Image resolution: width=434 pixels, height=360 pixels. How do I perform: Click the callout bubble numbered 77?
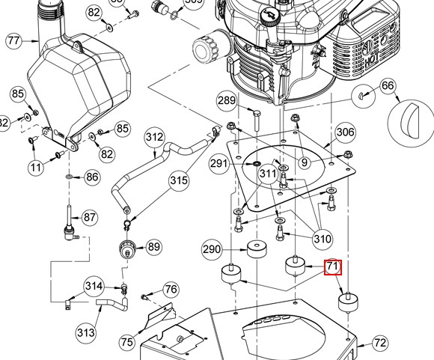pyautogui.click(x=14, y=40)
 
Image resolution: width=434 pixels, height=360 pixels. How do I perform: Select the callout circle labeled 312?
pyautogui.click(x=154, y=138)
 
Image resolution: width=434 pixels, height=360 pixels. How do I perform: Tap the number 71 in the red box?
pyautogui.click(x=332, y=267)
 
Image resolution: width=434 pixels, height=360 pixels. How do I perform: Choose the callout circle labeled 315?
pyautogui.click(x=178, y=180)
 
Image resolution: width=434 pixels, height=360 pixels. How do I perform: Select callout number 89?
pyautogui.click(x=153, y=246)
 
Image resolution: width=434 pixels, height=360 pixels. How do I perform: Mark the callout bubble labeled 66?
pyautogui.click(x=388, y=86)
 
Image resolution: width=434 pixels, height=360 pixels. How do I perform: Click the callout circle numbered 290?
pyautogui.click(x=213, y=248)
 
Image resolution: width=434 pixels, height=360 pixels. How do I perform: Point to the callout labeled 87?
pyautogui.click(x=90, y=218)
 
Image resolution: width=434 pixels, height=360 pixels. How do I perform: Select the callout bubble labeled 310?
pyautogui.click(x=323, y=240)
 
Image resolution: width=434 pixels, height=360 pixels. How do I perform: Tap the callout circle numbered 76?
pyautogui.click(x=171, y=290)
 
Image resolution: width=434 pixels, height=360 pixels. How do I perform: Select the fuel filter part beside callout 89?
pyautogui.click(x=126, y=247)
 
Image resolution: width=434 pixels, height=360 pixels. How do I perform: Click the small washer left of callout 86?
pyautogui.click(x=68, y=177)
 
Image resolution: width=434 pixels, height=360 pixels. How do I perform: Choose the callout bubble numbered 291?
pyautogui.click(x=218, y=163)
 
